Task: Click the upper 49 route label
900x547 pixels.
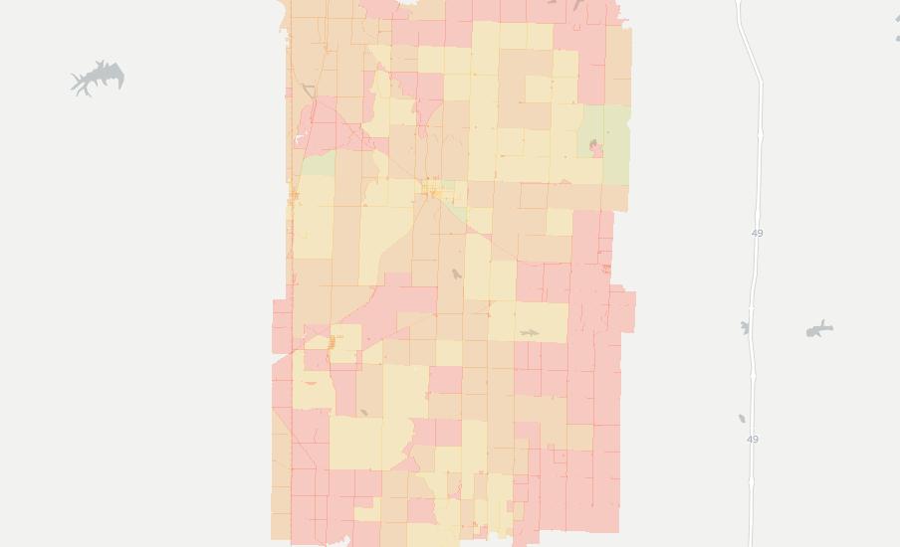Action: point(757,233)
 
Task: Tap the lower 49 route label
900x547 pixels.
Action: point(752,439)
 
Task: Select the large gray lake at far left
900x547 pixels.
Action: point(99,78)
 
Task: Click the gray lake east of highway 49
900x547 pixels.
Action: point(819,329)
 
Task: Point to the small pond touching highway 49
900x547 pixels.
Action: point(745,327)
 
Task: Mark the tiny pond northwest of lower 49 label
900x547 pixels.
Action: point(741,419)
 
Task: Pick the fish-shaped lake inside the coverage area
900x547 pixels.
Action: point(529,332)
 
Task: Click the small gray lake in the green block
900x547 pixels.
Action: point(594,148)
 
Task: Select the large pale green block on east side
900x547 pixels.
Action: point(605,144)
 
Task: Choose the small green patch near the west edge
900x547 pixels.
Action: point(317,165)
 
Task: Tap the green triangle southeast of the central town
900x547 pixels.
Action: point(456,210)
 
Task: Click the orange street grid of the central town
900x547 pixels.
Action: point(432,189)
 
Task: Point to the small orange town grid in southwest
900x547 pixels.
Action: point(332,342)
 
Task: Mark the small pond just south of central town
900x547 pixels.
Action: point(456,273)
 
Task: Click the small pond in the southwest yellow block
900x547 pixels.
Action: point(363,412)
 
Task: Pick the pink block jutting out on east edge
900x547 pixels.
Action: point(624,311)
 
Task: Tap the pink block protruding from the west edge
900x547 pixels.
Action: point(282,326)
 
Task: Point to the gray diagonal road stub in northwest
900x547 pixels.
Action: point(309,92)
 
